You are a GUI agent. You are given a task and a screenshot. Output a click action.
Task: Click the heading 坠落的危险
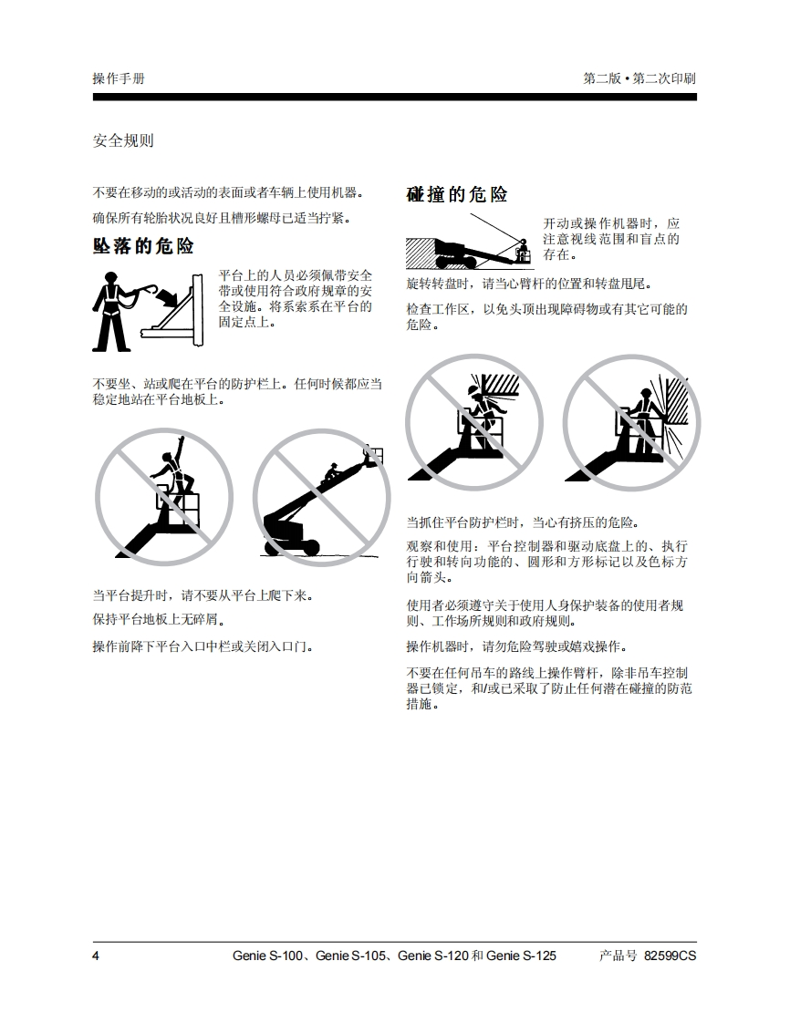coord(143,246)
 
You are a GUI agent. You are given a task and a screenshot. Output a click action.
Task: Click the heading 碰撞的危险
coord(456,194)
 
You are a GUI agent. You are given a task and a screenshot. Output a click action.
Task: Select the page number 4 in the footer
coord(96,956)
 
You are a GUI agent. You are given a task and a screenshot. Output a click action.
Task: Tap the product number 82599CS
coord(670,956)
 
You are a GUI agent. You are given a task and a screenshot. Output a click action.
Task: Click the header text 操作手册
coord(119,78)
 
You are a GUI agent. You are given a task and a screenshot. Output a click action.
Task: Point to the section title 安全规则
coord(123,140)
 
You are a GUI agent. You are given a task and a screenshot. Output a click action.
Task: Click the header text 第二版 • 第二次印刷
coord(639,78)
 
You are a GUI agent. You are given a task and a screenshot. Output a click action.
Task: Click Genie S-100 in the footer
coord(267,956)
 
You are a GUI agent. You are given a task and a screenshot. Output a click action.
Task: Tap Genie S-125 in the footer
coord(521,956)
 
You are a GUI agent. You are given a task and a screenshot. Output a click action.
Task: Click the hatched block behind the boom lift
coord(421,253)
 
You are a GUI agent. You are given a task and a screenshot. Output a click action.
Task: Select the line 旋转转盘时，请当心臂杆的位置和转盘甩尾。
coord(529,284)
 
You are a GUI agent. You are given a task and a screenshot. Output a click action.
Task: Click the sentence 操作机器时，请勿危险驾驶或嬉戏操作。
coord(516,646)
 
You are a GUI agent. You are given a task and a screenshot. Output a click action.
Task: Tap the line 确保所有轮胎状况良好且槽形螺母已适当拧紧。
coord(222,218)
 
